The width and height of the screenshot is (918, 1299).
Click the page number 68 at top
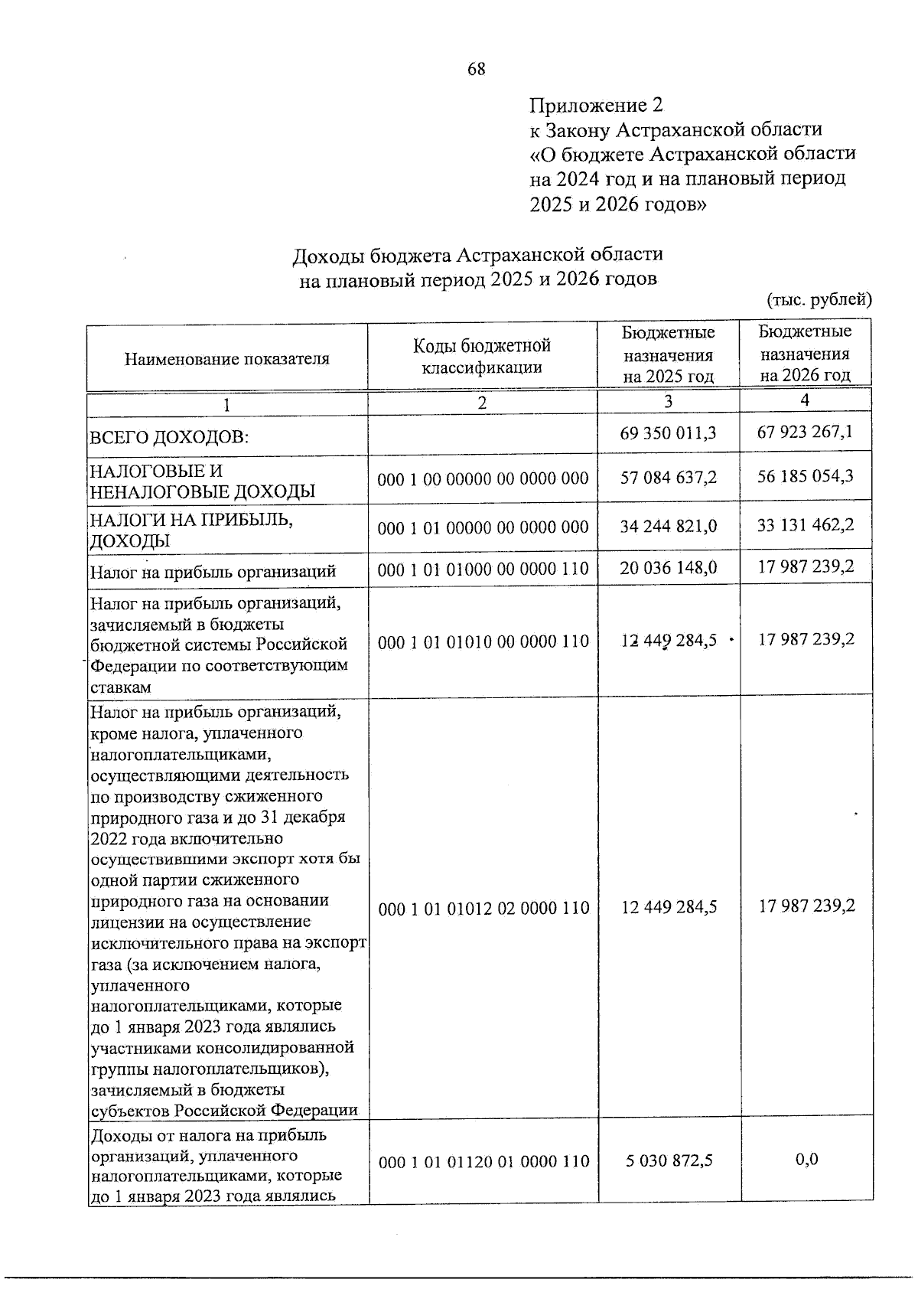[476, 70]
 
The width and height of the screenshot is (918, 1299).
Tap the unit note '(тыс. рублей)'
[819, 299]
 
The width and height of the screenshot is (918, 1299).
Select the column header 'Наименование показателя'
[227, 358]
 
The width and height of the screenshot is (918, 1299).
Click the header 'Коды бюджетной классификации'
[482, 356]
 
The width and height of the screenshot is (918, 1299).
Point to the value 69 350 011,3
[669, 433]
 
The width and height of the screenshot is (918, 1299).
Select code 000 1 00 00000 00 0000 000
[483, 479]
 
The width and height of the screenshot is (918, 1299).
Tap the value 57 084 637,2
[669, 478]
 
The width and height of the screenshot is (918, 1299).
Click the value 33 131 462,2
[806, 525]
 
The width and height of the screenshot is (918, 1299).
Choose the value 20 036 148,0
[669, 568]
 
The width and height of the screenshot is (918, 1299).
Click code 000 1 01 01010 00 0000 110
[483, 641]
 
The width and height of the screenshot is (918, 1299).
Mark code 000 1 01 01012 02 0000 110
[483, 908]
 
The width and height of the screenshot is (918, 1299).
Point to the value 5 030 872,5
[669, 1160]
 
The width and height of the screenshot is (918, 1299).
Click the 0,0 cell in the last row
[806, 1159]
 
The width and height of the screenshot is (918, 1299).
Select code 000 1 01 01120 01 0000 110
[483, 1161]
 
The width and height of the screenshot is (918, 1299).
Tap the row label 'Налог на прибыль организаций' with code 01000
[213, 571]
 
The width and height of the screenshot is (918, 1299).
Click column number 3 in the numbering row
[669, 401]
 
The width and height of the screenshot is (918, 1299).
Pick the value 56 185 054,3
[806, 476]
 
